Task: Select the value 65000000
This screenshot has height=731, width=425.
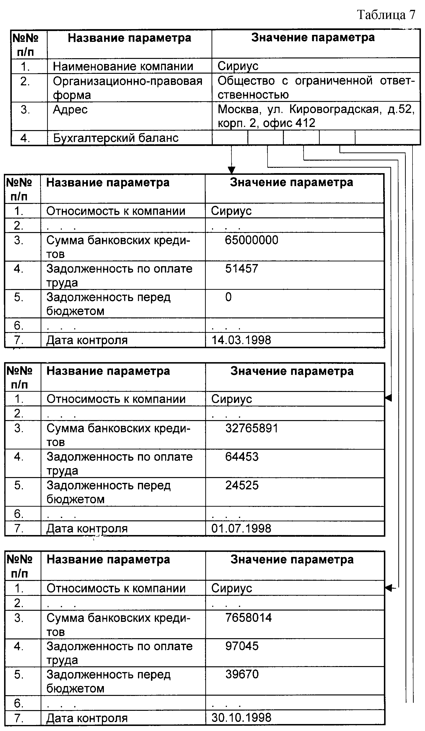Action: (251, 240)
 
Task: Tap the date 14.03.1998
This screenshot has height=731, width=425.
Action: (241, 340)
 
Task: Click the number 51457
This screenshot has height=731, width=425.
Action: (242, 269)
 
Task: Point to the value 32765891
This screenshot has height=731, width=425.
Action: (252, 429)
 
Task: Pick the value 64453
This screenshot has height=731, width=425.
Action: (242, 457)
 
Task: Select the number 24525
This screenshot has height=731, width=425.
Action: (242, 485)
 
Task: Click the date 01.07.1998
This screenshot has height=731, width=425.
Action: (241, 528)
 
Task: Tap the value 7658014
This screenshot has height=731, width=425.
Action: (249, 618)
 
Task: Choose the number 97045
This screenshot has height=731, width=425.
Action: (242, 646)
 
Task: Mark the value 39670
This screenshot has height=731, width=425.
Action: (242, 674)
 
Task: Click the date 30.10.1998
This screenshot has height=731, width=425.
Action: (241, 718)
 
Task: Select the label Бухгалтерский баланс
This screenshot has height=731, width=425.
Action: (115, 138)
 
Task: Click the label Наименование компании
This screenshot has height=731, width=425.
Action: (123, 66)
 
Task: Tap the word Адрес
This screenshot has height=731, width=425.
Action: (70, 110)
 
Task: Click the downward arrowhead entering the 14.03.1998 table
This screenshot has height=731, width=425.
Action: (231, 170)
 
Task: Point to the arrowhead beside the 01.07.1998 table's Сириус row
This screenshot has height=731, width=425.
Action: (388, 398)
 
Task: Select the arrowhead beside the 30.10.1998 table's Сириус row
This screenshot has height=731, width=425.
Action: (389, 588)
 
